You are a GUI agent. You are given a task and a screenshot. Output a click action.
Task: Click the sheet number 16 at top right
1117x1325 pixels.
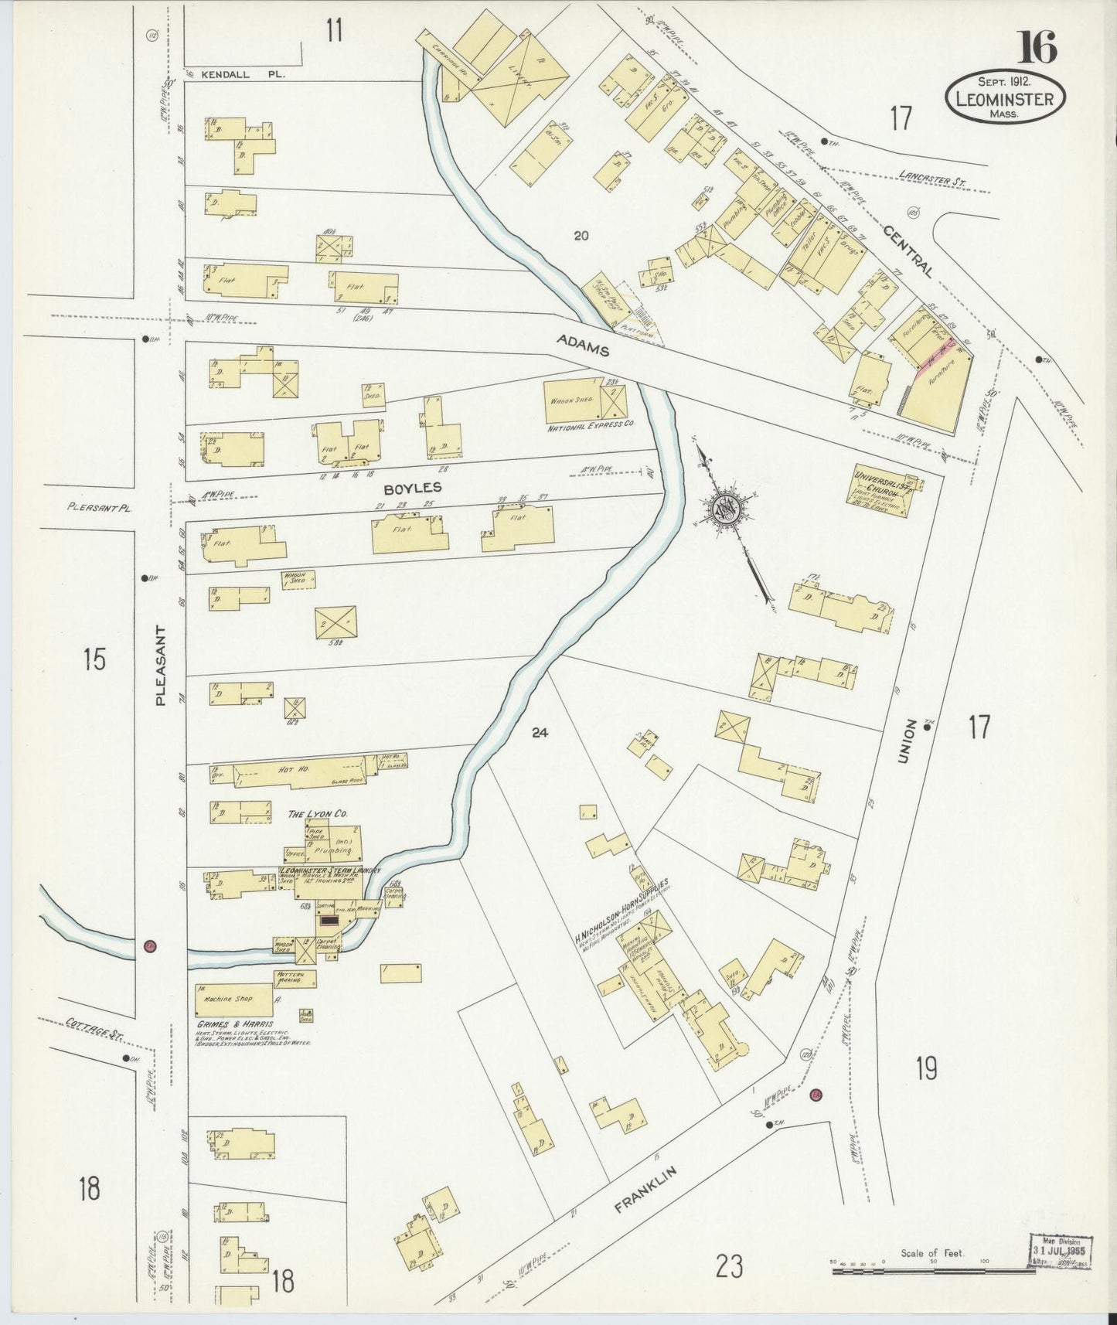tap(1036, 47)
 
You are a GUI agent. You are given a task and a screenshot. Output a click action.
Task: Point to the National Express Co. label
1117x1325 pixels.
tap(591, 426)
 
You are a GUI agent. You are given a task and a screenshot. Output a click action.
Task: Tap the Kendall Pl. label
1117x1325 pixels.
tap(233, 75)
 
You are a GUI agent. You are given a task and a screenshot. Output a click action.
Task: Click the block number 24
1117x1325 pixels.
tap(540, 732)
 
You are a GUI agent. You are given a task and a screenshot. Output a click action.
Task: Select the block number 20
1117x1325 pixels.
tap(581, 236)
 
